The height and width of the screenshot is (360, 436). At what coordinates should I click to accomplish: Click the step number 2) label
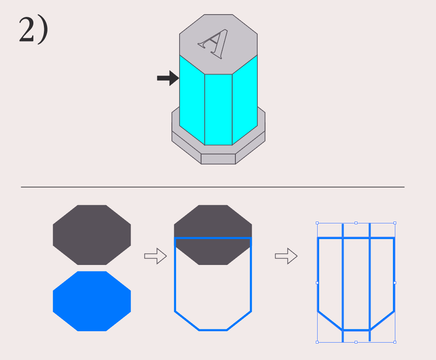pos(33,30)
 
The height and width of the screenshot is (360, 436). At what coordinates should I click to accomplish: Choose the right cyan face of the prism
pos(245,101)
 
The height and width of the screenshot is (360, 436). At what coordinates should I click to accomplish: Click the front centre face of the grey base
pos(218,159)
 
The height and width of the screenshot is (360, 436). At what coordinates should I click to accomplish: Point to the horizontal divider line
pos(213,187)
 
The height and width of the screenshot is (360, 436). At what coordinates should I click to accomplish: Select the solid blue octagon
pos(92,301)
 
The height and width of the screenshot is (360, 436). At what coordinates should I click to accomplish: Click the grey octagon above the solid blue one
pos(92,235)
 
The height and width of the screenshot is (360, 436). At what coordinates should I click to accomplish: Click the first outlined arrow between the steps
pos(155,256)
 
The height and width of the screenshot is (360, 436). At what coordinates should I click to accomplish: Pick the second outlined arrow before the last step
pos(286,256)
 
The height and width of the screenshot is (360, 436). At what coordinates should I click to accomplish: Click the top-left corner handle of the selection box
pos(317,223)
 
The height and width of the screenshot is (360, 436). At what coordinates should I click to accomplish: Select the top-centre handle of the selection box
pos(356,223)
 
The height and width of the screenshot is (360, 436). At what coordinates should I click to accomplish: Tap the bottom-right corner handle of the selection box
pos(395,342)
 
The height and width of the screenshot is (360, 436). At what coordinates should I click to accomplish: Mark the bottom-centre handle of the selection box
pos(356,342)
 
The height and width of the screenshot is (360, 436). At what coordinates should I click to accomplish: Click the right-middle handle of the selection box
pos(395,283)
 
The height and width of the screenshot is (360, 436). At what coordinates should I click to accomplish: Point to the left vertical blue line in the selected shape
pos(343,283)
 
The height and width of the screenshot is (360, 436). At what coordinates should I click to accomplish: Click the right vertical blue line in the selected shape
pos(369,283)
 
